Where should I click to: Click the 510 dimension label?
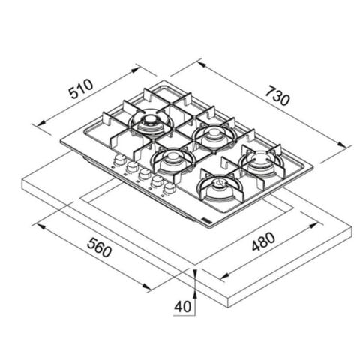coord(81,89)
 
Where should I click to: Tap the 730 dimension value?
coord(277,95)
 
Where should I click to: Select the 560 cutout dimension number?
coord(99,247)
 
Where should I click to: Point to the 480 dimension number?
coord(263,241)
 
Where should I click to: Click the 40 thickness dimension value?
coord(182,306)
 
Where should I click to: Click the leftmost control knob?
coord(120,160)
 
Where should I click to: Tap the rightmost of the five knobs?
coord(169,188)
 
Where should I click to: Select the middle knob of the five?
coord(145,174)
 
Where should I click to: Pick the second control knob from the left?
coord(133,166)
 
